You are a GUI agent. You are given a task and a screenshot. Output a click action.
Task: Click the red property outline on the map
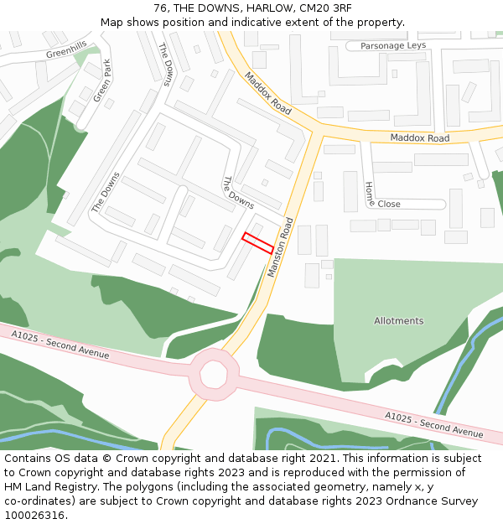click(x=257, y=242)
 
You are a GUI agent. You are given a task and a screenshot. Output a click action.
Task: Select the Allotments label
click(x=399, y=321)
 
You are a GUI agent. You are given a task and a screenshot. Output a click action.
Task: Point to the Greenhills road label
click(x=66, y=52)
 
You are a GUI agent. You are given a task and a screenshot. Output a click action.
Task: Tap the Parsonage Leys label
click(x=393, y=46)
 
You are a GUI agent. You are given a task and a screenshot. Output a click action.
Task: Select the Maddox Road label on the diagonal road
click(x=267, y=94)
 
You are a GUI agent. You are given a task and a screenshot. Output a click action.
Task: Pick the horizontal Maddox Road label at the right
click(x=420, y=138)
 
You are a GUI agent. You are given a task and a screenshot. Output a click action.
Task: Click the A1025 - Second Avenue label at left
click(x=60, y=345)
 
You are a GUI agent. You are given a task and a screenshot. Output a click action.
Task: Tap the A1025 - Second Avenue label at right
click(x=434, y=425)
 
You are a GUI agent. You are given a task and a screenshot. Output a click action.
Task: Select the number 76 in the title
click(x=161, y=8)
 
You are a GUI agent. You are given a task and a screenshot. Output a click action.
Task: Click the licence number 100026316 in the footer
click(x=34, y=516)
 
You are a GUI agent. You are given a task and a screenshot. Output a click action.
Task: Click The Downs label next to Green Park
click(x=165, y=65)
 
